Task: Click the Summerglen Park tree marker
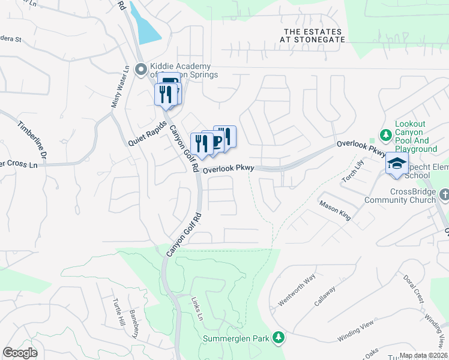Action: click(278, 338)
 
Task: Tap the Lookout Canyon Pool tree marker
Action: click(386, 133)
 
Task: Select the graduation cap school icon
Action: click(397, 164)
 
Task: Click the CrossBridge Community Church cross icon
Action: click(444, 195)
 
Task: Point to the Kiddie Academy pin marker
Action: click(142, 70)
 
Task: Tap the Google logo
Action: click(20, 353)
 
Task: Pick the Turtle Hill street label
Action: click(119, 313)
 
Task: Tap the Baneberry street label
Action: click(134, 324)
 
